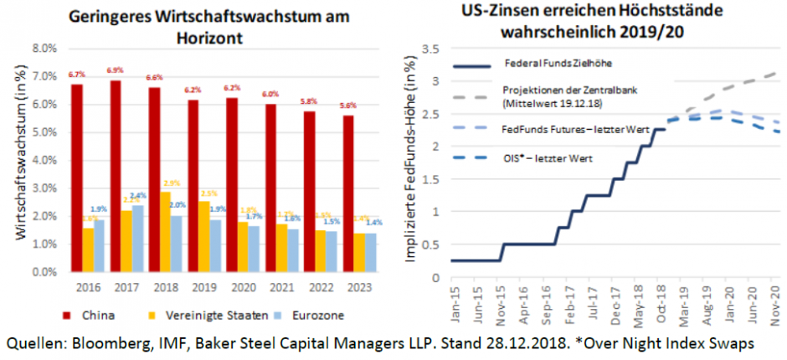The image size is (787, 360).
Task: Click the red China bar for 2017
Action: pos(116,176)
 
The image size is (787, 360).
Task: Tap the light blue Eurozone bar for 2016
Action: pos(100,245)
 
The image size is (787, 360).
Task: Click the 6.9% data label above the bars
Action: pos(116,70)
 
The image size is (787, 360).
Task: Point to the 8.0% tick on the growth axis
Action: pos(44,49)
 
